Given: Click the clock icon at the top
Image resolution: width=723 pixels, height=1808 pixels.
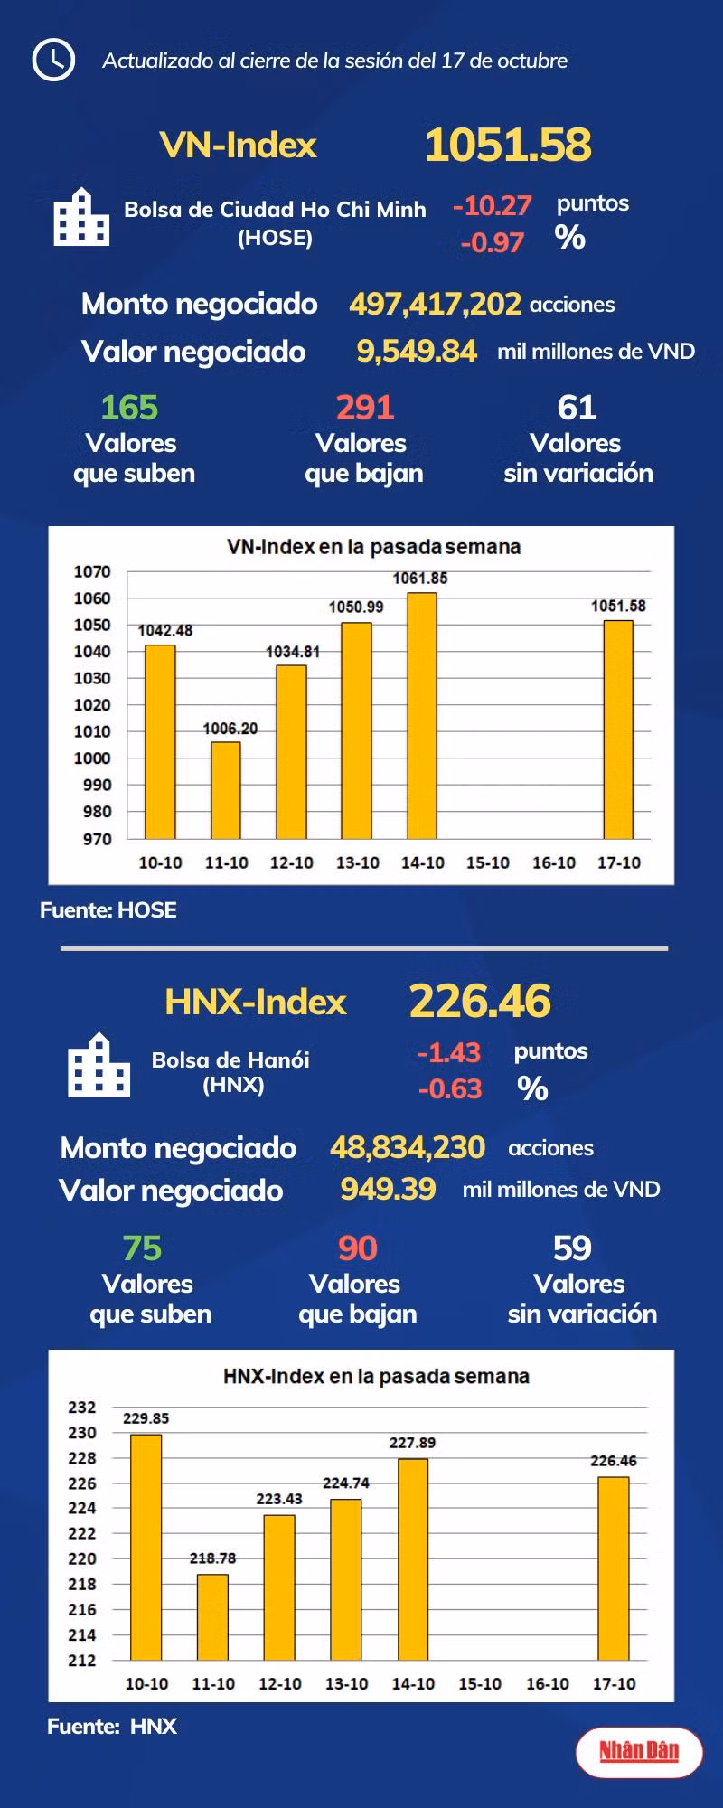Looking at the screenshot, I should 53,60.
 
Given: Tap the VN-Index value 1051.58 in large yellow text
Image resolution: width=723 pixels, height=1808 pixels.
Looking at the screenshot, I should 508,145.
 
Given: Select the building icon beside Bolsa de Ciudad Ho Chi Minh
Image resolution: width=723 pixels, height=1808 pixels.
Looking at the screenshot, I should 81,217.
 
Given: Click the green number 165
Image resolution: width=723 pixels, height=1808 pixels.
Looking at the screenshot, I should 129,408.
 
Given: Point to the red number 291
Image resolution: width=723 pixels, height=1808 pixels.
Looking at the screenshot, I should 365,408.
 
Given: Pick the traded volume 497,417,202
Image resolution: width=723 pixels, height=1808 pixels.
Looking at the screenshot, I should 435,304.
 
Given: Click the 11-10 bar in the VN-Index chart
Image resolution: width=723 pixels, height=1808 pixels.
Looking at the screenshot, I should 226,791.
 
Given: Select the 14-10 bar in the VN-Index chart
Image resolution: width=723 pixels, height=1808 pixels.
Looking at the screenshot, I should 422,716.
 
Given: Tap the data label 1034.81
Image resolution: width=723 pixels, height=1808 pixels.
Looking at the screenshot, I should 292,652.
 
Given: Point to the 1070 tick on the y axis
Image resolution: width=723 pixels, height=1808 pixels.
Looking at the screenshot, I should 92,571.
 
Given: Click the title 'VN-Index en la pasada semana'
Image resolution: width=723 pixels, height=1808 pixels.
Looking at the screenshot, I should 373,547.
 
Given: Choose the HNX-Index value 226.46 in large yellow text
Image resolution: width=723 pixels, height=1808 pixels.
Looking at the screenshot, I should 480,1001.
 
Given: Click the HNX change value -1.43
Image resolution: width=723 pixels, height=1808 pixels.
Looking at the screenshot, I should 448,1052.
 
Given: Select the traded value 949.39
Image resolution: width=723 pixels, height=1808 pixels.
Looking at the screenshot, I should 388,1189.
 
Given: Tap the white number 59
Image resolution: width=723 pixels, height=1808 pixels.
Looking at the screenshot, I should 572,1248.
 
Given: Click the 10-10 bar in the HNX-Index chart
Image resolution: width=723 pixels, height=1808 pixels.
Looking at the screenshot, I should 146,1548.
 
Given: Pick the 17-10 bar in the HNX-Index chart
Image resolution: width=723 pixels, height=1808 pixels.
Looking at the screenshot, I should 614,1568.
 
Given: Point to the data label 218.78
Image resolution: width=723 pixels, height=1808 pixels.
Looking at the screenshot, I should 212,1558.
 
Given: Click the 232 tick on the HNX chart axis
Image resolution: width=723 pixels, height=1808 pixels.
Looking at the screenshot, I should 82,1408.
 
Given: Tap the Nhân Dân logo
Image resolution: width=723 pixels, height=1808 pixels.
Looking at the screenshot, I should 639,1751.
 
